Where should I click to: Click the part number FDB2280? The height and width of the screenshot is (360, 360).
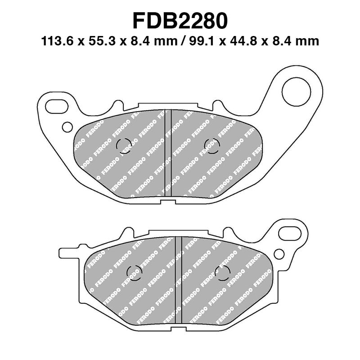[x=180, y=20]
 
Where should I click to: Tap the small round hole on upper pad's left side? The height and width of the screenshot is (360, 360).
[x=67, y=127]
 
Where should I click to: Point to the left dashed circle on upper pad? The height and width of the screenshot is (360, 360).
[x=124, y=144]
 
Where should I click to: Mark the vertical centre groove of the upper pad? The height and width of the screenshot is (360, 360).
[x=168, y=153]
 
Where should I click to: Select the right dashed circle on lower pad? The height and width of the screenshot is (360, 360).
[x=222, y=272]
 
